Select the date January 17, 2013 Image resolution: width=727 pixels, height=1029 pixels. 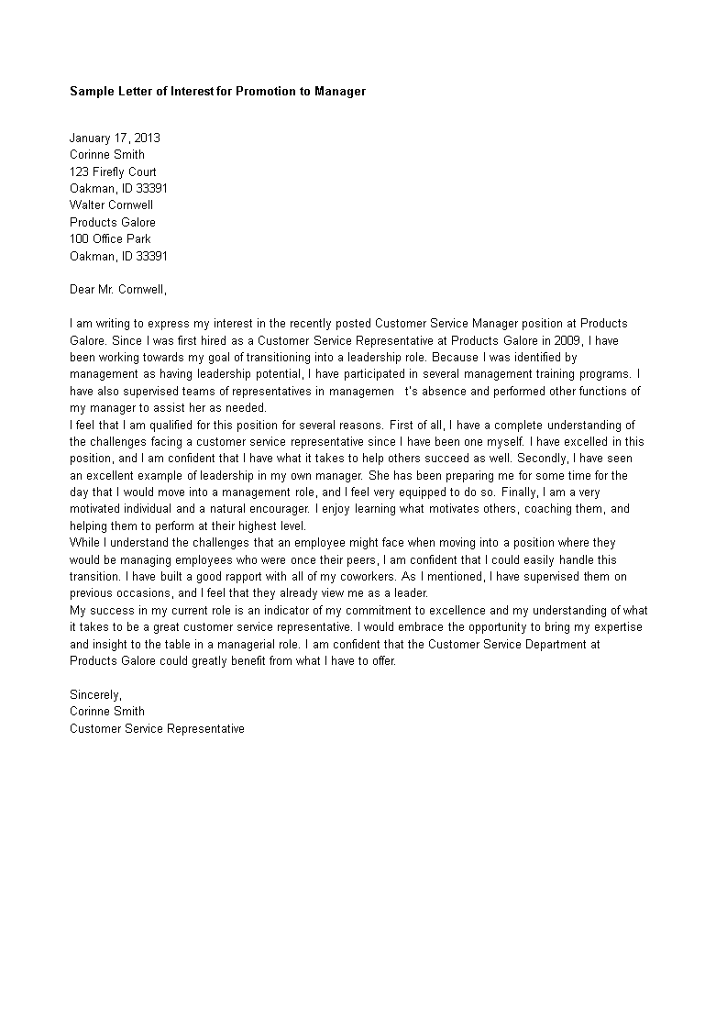click(115, 138)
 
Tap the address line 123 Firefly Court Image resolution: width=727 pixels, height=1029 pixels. click(113, 171)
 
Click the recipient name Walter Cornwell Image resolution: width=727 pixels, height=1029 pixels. click(111, 205)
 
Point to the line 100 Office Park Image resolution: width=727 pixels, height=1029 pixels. click(110, 239)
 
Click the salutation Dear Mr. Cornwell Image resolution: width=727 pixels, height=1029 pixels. click(118, 290)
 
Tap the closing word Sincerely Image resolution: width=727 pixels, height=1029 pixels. click(95, 694)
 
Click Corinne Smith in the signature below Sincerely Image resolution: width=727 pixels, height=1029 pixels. click(107, 712)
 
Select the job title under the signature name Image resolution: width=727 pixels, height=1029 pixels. click(157, 729)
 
